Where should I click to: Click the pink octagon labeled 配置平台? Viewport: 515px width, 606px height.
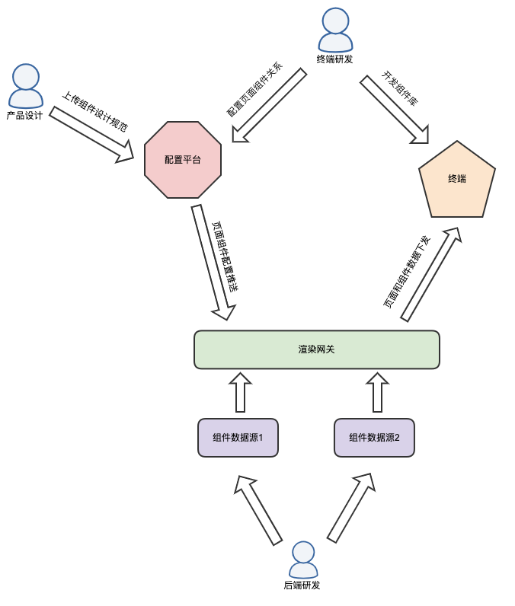[183, 160]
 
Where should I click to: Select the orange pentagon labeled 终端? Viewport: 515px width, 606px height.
[456, 181]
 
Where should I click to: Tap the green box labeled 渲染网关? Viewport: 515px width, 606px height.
[317, 349]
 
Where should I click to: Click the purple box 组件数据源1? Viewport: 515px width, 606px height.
[238, 438]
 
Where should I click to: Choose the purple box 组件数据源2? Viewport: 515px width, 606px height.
[375, 438]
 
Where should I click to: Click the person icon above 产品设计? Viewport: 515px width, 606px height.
[25, 85]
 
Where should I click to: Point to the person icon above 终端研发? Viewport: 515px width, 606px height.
[336, 30]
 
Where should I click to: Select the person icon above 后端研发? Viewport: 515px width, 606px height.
[302, 560]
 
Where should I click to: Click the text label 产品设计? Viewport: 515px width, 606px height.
[24, 116]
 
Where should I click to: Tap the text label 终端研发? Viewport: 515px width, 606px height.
[335, 59]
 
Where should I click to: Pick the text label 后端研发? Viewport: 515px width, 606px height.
[302, 585]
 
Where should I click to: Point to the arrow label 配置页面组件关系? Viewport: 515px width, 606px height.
[254, 89]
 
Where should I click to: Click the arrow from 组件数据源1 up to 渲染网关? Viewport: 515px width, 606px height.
[241, 392]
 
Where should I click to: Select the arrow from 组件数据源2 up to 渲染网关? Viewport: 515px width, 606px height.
[376, 392]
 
